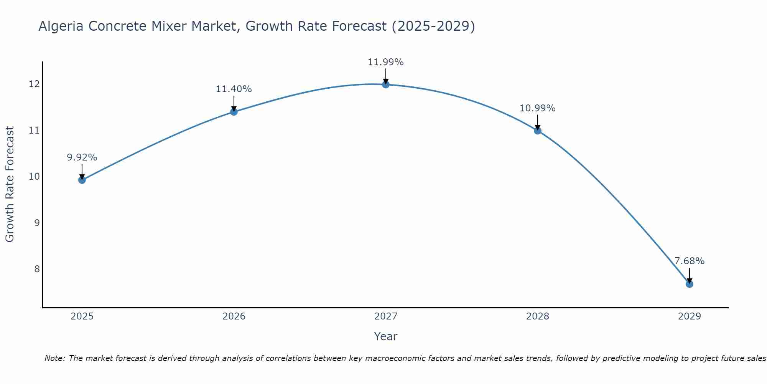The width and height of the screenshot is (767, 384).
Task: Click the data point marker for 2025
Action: (x=82, y=180)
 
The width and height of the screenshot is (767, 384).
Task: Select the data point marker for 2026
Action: (x=234, y=112)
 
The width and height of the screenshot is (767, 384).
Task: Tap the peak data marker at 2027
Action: (x=385, y=84)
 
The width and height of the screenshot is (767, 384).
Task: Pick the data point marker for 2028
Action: (x=537, y=131)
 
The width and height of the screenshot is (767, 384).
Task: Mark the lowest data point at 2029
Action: (x=689, y=284)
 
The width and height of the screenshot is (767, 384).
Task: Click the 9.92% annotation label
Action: (x=82, y=157)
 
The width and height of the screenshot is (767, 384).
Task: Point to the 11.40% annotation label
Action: (x=234, y=89)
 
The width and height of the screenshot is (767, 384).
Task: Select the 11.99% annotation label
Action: (x=385, y=62)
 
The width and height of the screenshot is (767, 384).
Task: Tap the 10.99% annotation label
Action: (x=537, y=108)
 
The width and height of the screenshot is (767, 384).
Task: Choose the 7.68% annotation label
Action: (x=689, y=261)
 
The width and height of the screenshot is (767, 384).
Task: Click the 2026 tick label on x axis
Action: (x=234, y=316)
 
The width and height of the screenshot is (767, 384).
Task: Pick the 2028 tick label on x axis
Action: (x=537, y=316)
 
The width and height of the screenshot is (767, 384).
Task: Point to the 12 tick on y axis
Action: (x=34, y=84)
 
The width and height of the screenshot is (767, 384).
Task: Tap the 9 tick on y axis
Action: (x=37, y=223)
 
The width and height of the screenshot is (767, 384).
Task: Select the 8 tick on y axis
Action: (x=37, y=269)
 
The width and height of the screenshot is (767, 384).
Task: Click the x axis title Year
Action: (x=385, y=336)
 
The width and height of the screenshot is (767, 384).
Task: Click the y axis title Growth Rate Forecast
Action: (x=10, y=184)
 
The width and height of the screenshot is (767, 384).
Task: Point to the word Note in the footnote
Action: (x=55, y=358)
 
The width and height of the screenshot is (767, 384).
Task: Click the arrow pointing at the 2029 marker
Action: (x=689, y=275)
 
